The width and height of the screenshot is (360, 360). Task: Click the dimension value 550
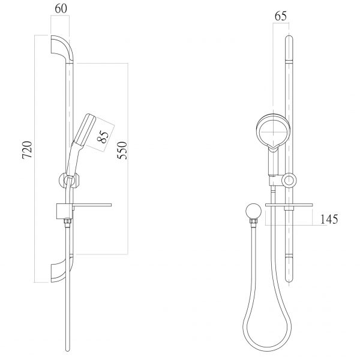122,158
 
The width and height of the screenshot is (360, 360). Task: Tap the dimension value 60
60,9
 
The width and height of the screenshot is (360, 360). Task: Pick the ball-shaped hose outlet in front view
252,212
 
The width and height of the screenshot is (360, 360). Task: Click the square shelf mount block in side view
62,211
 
